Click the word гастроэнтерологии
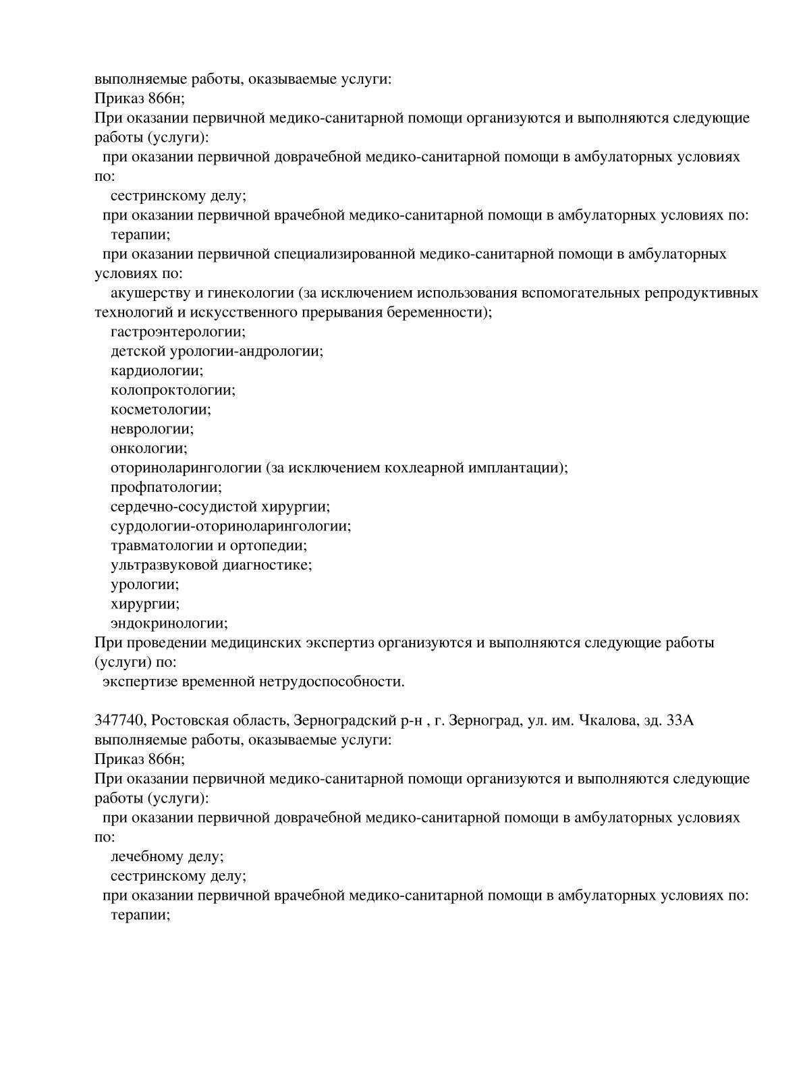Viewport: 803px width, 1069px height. pyautogui.click(x=177, y=332)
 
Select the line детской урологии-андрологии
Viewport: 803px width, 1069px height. pyautogui.click(x=217, y=352)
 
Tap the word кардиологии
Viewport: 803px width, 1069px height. pyautogui.click(x=157, y=371)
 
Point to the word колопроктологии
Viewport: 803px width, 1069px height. pyautogui.click(x=173, y=391)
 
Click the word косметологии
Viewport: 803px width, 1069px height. pyautogui.click(x=161, y=410)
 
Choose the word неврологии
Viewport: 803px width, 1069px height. pyautogui.click(x=152, y=429)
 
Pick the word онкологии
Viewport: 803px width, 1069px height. pyautogui.click(x=148, y=449)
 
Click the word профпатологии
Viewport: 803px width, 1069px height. pyautogui.click(x=166, y=487)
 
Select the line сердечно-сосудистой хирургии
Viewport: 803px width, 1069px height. pyautogui.click(x=220, y=507)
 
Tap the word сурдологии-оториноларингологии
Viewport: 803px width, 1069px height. pyautogui.click(x=231, y=526)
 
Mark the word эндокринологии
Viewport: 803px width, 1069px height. pyautogui.click(x=169, y=624)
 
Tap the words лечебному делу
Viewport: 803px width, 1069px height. pyautogui.click(x=167, y=857)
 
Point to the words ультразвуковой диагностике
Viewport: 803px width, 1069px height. pyautogui.click(x=211, y=565)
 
